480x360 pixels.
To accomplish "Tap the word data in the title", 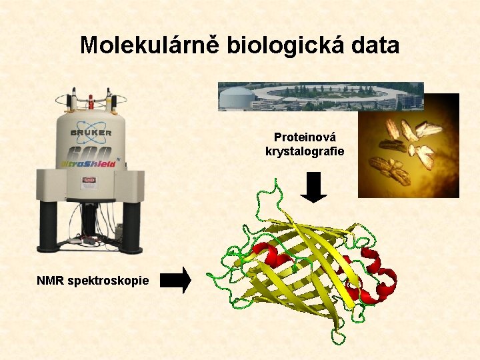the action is [x=375, y=45].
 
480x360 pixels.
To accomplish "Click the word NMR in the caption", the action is [x=51, y=281].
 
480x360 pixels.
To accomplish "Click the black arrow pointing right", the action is [x=176, y=281].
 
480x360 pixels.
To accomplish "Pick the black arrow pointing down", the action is [x=313, y=187].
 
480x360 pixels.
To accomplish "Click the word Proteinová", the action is [x=305, y=137].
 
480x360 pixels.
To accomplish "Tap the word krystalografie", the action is [x=305, y=151].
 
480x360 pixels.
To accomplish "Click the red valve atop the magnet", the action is [x=91, y=102].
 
